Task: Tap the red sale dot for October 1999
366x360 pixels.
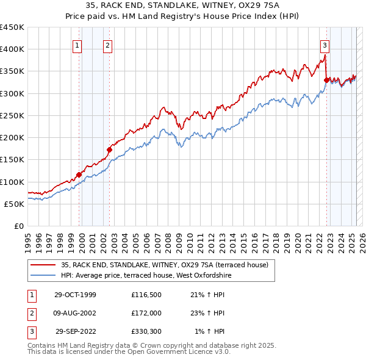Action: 79,175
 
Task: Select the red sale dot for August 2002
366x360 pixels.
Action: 109,149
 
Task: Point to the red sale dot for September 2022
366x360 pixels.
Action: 326,80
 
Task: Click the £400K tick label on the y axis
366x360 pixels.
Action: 12,49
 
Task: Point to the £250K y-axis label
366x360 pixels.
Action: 12,115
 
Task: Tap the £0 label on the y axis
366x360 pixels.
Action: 18,226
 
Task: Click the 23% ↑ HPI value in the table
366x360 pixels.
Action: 207,313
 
